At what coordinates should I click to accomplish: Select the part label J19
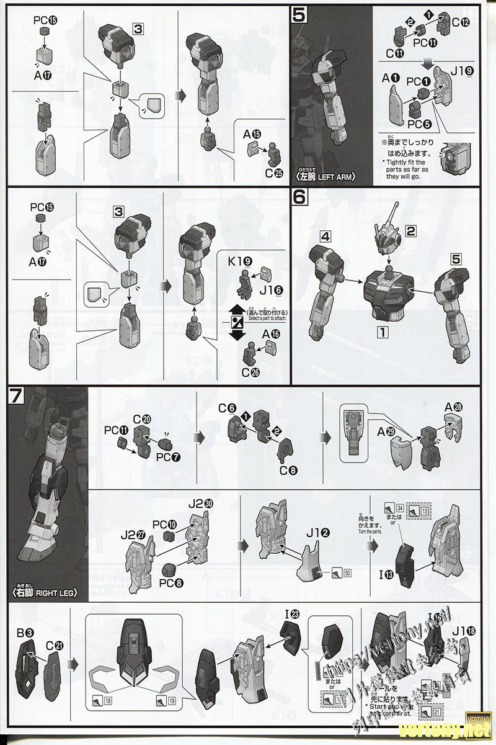coord(462,71)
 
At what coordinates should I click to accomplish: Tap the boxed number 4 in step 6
coord(327,236)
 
